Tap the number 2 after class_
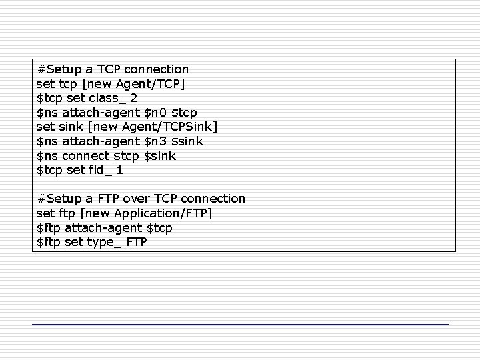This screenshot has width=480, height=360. click(x=135, y=98)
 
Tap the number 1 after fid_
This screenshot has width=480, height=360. click(x=119, y=170)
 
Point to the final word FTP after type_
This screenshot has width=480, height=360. click(x=136, y=242)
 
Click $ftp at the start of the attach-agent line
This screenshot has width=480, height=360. click(x=49, y=228)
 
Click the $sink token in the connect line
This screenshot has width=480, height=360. click(x=160, y=155)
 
